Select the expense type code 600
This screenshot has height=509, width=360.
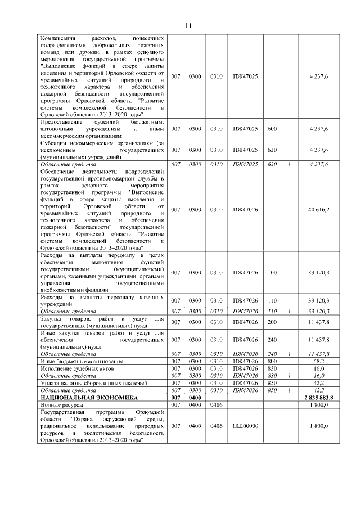click(x=272, y=129)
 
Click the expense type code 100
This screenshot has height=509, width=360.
click(x=272, y=272)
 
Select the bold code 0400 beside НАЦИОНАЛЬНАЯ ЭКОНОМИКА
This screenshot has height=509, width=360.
click(x=195, y=398)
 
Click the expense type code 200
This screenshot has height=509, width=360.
click(x=272, y=322)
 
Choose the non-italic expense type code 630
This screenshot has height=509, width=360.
click(x=272, y=150)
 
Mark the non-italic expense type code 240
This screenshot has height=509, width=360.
click(x=272, y=340)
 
